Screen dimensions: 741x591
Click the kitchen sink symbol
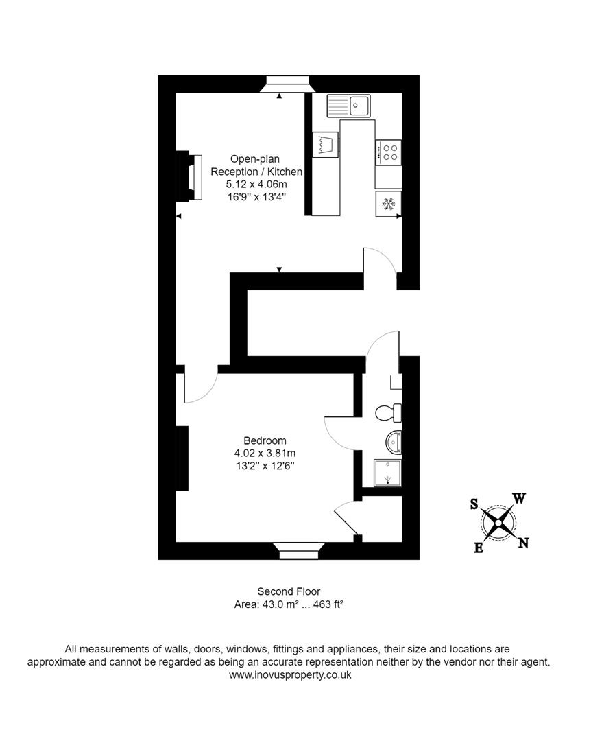tap(348, 106)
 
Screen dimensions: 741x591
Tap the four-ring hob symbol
tap(388, 152)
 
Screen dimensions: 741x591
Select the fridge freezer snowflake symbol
tap(388, 204)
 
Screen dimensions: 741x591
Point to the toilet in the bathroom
tap(388, 412)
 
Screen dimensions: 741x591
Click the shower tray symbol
tap(387, 473)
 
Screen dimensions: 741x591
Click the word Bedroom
tap(265, 440)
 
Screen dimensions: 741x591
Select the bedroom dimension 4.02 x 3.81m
tap(265, 453)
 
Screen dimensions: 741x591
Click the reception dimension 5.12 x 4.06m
tap(256, 184)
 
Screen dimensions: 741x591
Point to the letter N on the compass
tap(523, 543)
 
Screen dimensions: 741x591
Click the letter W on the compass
tap(519, 499)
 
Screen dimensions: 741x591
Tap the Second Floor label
tap(288, 591)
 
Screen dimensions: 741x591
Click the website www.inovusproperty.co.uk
tap(290, 674)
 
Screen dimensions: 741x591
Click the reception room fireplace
tap(189, 177)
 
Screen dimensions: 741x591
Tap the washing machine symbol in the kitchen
tap(326, 145)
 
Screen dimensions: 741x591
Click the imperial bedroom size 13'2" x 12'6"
tap(265, 466)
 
